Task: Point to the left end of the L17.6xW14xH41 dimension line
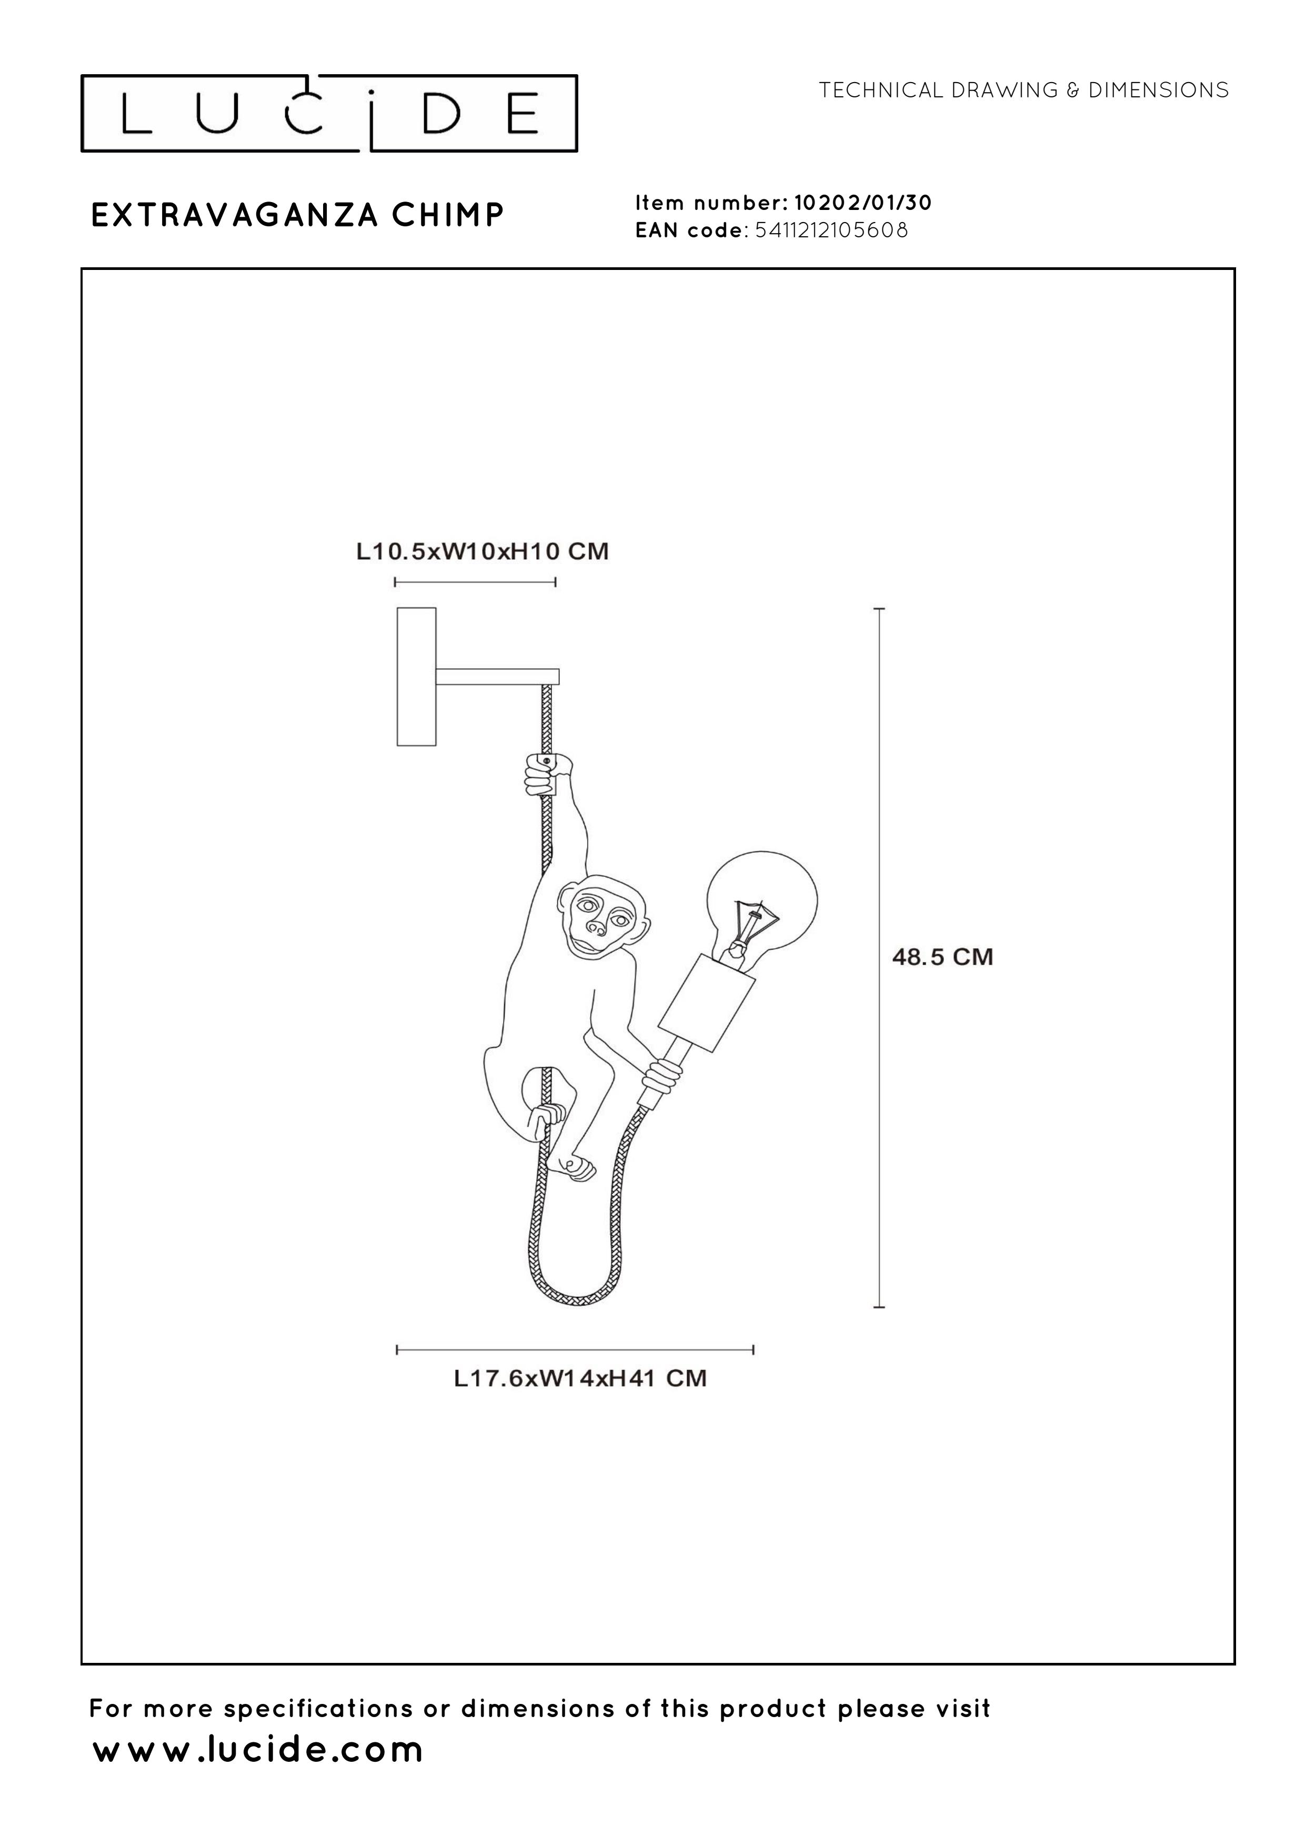[397, 1349]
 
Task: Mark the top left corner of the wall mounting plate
[398, 609]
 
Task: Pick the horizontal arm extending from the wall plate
[497, 676]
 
